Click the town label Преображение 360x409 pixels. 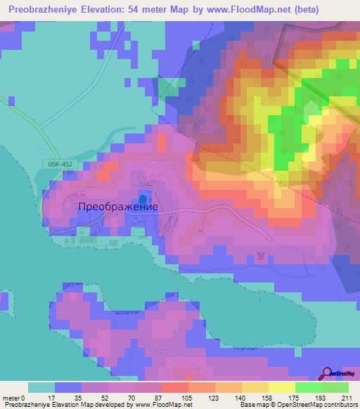[x=117, y=207]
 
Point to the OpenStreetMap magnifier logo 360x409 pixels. [x=328, y=373]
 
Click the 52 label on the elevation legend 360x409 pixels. [x=107, y=398]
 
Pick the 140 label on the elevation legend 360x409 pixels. [x=243, y=398]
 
